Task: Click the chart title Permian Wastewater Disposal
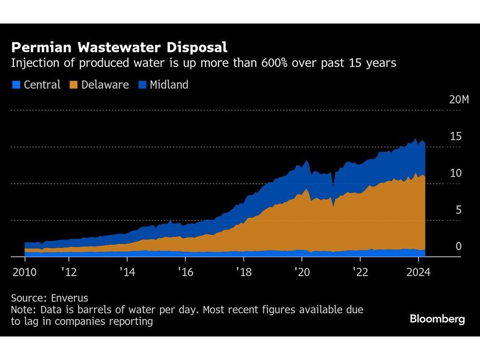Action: [119, 48]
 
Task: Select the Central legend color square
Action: [16, 85]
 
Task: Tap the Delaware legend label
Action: [105, 85]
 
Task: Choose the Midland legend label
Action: [169, 85]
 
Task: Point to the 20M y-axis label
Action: [458, 100]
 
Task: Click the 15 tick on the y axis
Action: [456, 137]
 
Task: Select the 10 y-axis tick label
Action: [456, 173]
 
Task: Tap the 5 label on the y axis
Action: [458, 210]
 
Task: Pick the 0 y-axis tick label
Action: [458, 246]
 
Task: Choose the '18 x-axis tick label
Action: [243, 272]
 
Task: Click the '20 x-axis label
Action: [302, 272]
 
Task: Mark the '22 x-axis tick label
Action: [360, 272]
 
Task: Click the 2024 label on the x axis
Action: [418, 272]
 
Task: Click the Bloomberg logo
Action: [437, 319]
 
